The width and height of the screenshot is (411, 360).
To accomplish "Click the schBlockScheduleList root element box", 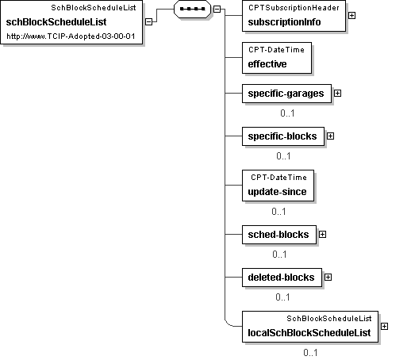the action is click(71, 22).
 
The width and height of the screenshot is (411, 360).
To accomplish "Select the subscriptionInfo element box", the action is click(294, 16).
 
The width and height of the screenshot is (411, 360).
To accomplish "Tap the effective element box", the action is click(277, 58).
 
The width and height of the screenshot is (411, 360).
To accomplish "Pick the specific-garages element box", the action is click(286, 94).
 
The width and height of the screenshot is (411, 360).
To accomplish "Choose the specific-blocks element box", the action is click(283, 136).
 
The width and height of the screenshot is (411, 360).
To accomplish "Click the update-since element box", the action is click(278, 186).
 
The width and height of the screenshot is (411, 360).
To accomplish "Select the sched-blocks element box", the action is click(279, 235).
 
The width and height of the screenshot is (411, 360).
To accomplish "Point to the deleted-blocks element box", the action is click(282, 278).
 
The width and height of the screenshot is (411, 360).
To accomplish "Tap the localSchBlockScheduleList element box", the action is click(310, 327).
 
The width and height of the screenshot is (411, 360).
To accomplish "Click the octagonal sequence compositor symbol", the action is click(192, 9).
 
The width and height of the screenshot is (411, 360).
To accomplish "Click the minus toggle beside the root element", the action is click(149, 22).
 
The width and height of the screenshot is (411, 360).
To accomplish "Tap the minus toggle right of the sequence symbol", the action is click(217, 9).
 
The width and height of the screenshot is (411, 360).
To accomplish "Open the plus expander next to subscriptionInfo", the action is click(351, 16).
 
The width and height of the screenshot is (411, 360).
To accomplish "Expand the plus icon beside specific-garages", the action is click(337, 94).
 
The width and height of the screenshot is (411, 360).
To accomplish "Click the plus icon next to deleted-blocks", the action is click(328, 278).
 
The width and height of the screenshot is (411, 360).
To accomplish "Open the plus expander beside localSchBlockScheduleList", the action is click(385, 327).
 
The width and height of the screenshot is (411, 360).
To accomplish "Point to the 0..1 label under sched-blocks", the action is click(279, 255).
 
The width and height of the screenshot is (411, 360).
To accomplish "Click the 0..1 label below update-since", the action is click(278, 212).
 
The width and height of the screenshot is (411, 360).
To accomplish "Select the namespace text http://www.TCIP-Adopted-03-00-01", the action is click(71, 36).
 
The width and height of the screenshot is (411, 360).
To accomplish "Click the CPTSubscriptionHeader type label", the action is click(294, 8).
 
